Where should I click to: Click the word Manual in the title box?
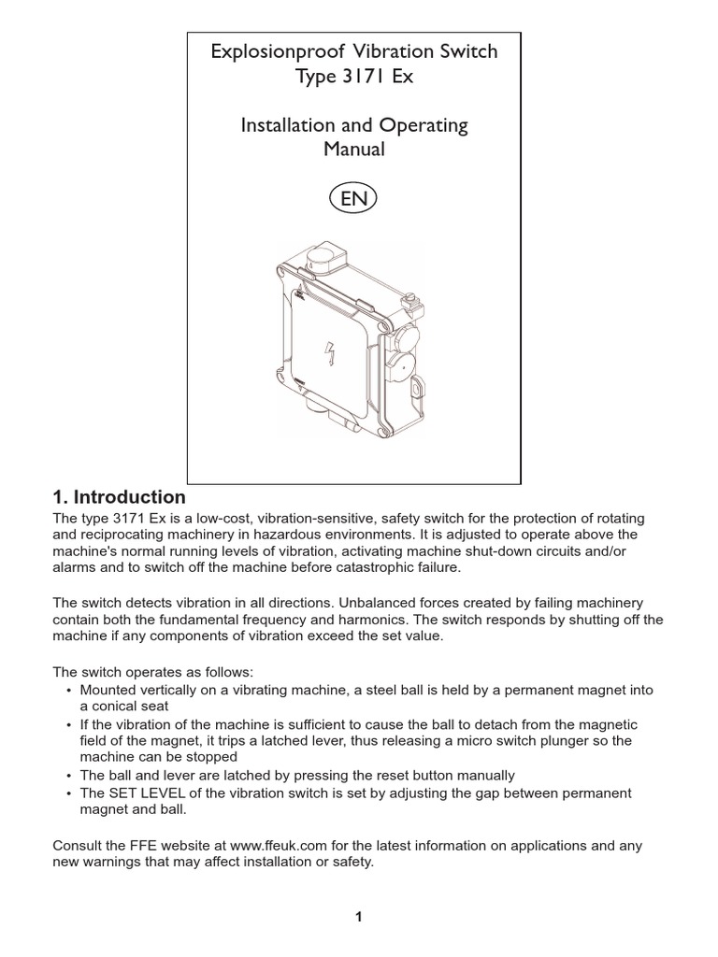click(353, 150)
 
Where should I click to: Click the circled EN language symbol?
click(354, 199)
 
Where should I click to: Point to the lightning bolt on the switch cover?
click(328, 353)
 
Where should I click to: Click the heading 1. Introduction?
click(119, 497)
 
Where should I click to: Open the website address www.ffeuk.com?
click(275, 846)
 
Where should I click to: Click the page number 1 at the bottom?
click(358, 917)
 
